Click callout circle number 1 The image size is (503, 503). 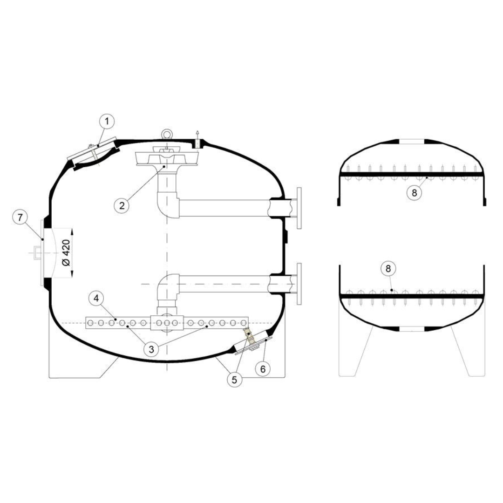(107, 122)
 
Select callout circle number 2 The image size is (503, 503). (122, 205)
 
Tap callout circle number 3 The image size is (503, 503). (151, 349)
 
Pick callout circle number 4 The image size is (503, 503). (96, 299)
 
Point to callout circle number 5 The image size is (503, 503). (234, 380)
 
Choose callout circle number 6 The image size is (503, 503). (263, 369)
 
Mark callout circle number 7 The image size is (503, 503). (20, 217)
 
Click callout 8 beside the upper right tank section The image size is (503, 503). (414, 192)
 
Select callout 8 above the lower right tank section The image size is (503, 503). (388, 269)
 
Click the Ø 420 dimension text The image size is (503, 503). (66, 252)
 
